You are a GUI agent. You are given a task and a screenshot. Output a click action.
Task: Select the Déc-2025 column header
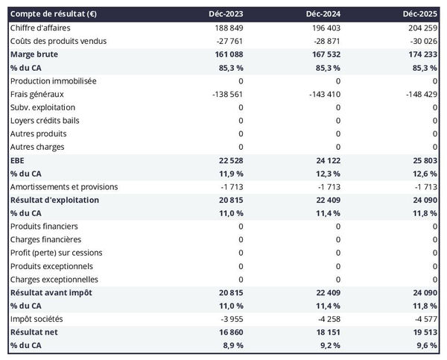pos(422,14)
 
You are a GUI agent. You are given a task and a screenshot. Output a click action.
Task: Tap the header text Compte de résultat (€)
pos(51,14)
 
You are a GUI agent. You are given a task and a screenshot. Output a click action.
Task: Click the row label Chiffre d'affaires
pos(41,28)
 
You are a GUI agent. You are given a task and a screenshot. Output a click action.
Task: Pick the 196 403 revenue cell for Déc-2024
pos(325,28)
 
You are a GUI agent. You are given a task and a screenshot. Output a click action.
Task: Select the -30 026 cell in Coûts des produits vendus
pos(422,41)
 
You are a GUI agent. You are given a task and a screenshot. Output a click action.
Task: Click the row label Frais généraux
pos(37,94)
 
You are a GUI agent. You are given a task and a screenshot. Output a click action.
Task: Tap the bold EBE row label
pos(17,160)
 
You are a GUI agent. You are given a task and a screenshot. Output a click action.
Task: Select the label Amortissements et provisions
pos(64,186)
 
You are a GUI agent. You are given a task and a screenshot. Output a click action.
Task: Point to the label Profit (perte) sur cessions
pos(61,253)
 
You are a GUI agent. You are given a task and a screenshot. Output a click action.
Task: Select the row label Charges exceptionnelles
pos(55,280)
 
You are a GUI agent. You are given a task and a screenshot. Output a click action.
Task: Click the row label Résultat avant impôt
pos(51,293)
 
